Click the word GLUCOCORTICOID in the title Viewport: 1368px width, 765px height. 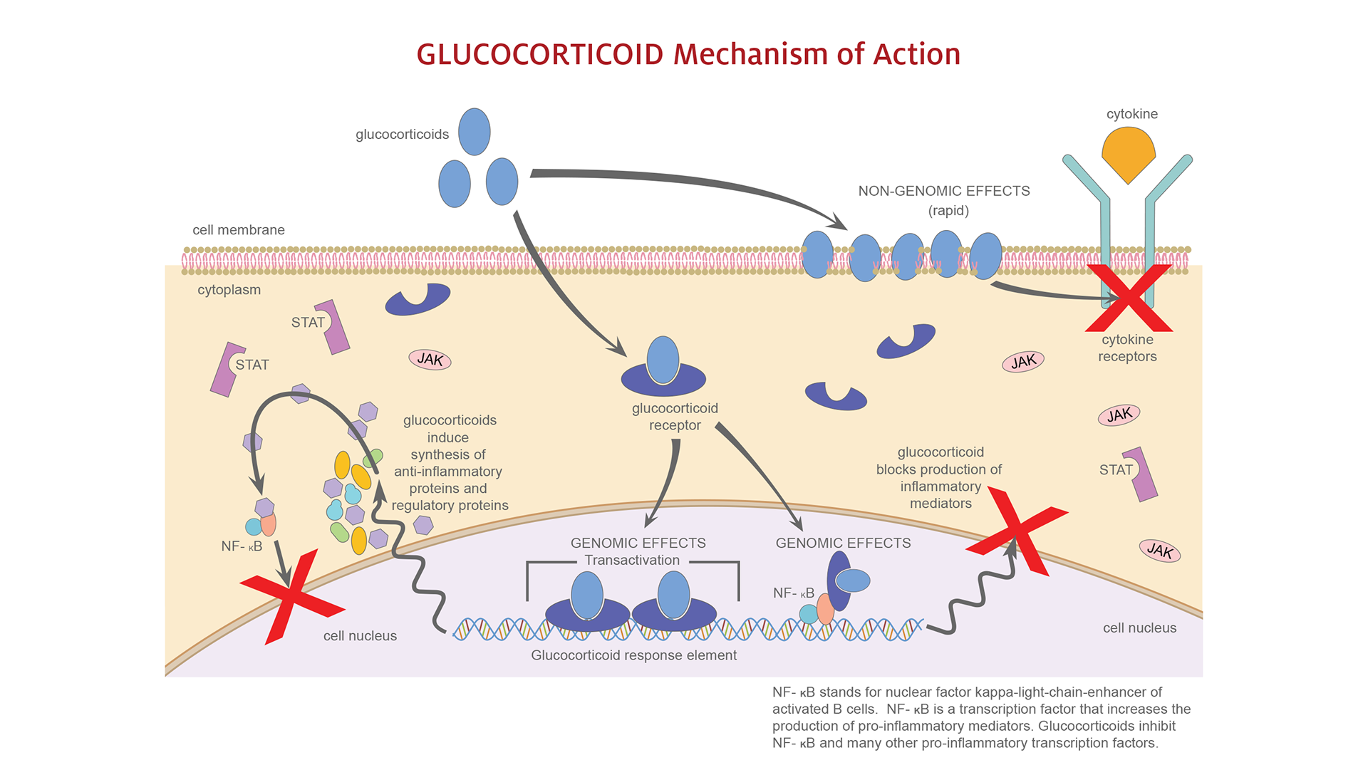(539, 55)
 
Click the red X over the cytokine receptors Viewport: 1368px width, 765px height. (1129, 298)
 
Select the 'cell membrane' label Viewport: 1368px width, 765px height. (238, 230)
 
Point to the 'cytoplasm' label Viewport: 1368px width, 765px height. (229, 290)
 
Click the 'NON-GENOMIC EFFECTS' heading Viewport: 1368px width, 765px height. (943, 191)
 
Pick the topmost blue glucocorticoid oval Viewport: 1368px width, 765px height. (474, 132)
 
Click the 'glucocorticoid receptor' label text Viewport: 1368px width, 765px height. (675, 417)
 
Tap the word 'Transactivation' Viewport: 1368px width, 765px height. (632, 561)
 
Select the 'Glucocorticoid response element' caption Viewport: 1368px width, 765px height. (633, 655)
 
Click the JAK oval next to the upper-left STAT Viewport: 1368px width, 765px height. (430, 360)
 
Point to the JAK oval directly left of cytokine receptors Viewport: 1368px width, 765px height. (1023, 362)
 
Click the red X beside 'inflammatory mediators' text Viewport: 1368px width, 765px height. (1017, 531)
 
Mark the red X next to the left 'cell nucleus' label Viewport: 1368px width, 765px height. (292, 595)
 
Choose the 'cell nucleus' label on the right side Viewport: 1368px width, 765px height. (1139, 628)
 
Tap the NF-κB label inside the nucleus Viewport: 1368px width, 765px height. (793, 593)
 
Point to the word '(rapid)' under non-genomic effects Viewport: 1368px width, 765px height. (948, 211)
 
